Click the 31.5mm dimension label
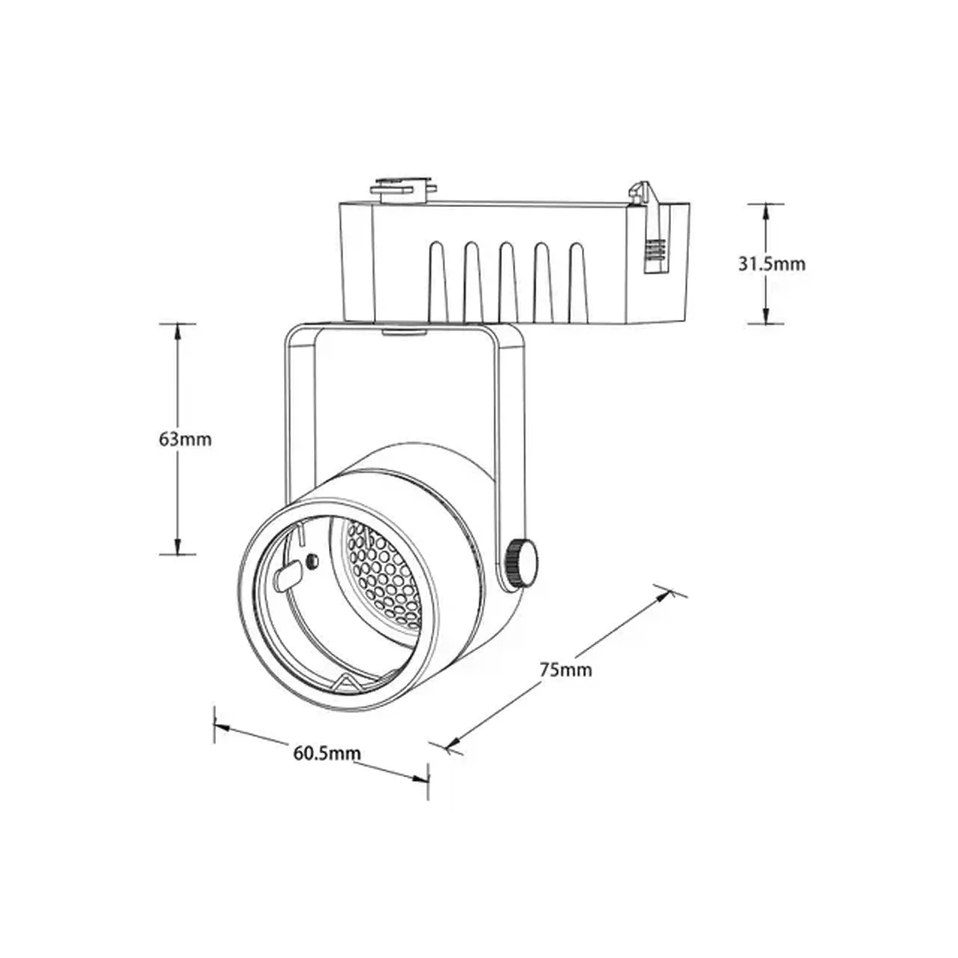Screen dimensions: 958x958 point(772,264)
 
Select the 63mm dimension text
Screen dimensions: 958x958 point(185,439)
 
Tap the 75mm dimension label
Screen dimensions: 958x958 point(566,670)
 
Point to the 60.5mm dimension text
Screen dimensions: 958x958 point(327,753)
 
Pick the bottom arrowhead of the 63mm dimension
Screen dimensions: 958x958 point(177,546)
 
